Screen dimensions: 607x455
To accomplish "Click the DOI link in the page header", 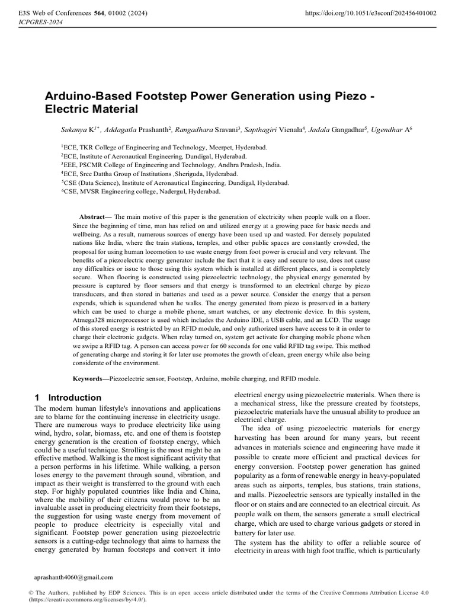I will [x=370, y=12].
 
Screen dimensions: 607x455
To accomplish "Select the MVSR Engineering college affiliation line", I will [x=142, y=192].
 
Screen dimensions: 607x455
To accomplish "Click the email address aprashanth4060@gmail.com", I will [x=74, y=577].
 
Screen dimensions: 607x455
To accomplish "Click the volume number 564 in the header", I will [x=92, y=12].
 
